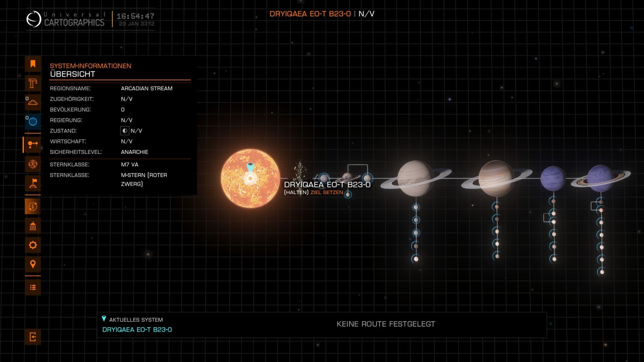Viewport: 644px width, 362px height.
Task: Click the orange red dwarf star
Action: tap(250, 178)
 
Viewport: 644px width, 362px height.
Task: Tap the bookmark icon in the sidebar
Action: tap(33, 64)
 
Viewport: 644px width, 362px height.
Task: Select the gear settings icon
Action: tap(33, 245)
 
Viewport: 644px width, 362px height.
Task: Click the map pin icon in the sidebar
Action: tap(33, 264)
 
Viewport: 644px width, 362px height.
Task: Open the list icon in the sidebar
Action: tap(33, 287)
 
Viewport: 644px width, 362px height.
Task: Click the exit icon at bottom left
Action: tap(33, 337)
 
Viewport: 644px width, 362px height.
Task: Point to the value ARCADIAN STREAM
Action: tap(147, 88)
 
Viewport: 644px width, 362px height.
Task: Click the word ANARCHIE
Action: tap(134, 152)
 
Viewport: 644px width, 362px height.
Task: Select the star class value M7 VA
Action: tap(129, 164)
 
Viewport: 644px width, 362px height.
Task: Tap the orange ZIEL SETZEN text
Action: tap(327, 192)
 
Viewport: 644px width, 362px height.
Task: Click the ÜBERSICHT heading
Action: tap(72, 74)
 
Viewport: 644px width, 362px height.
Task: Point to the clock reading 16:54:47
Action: tap(135, 16)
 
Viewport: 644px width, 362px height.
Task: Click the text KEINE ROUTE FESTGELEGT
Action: tap(385, 324)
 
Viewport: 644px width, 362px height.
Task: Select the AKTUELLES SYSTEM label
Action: tap(136, 320)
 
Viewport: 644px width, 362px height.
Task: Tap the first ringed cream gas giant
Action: tap(415, 178)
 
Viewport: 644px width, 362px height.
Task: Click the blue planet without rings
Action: tap(553, 178)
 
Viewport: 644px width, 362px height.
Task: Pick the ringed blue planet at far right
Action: tap(600, 178)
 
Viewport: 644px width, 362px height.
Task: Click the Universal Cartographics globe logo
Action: tap(33, 19)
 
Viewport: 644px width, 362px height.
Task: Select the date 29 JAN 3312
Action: tap(137, 24)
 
